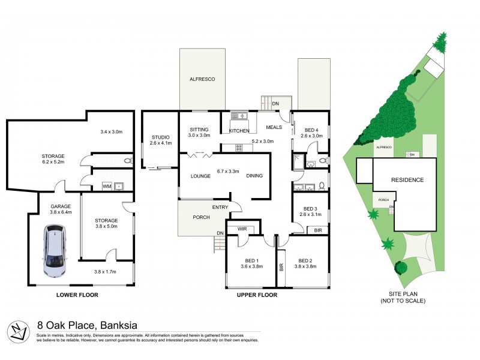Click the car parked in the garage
pyautogui.click(x=55, y=250)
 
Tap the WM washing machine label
pyautogui.click(x=106, y=186)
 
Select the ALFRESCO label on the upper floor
pyautogui.click(x=202, y=79)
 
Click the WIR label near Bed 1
pyautogui.click(x=242, y=228)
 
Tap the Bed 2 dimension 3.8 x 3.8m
pyautogui.click(x=307, y=266)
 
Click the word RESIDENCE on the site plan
pyautogui.click(x=407, y=180)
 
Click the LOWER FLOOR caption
pyautogui.click(x=77, y=295)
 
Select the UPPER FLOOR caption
pyautogui.click(x=256, y=295)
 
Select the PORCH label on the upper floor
pyautogui.click(x=200, y=217)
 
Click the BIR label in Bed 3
pyautogui.click(x=317, y=230)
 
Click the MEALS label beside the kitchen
pyautogui.click(x=274, y=127)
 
